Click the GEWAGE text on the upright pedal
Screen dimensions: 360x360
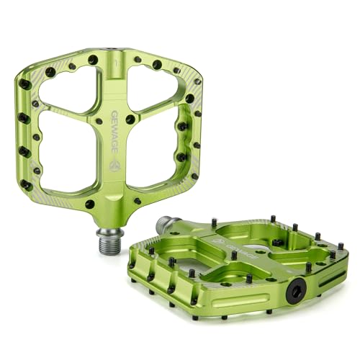[114, 132]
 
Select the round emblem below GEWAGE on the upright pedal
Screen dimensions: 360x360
[114, 165]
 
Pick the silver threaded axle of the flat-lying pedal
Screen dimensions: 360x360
[166, 223]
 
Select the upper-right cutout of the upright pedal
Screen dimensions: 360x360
[153, 87]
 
